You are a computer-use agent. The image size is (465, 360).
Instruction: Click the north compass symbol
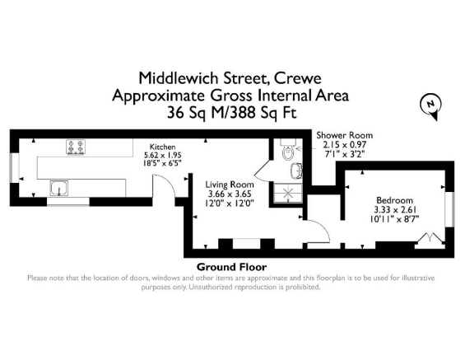430,105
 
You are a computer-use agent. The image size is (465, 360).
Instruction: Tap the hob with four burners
77,147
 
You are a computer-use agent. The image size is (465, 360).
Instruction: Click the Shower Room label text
345,135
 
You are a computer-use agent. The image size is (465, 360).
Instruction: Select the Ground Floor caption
231,267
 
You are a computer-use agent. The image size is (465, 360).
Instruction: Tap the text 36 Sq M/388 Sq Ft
232,112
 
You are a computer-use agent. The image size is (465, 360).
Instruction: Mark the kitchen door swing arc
167,197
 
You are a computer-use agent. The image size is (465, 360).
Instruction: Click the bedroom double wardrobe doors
428,240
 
